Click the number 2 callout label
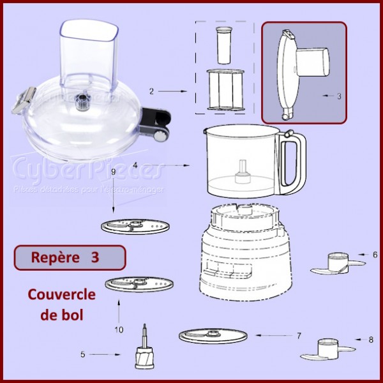[151, 91]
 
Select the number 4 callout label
[135, 165]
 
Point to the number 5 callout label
[101, 354]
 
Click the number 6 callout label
[375, 253]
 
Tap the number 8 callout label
[372, 340]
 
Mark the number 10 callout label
[119, 329]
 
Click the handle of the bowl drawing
[294, 163]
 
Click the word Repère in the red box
[52, 257]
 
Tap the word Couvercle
[61, 295]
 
